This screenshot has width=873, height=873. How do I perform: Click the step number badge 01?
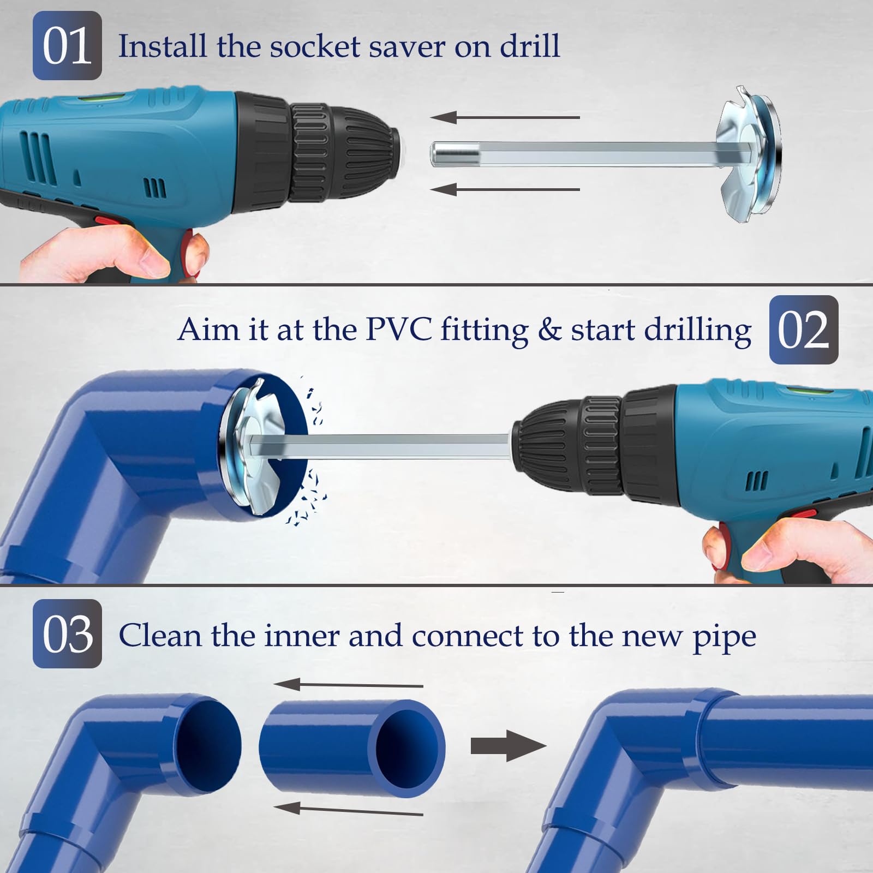(x=67, y=46)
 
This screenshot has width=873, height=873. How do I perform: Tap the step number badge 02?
(x=803, y=330)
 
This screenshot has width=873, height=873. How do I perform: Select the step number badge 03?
(x=67, y=633)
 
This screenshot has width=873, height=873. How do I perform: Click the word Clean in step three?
(x=159, y=636)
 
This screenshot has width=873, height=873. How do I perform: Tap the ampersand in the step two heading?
(x=549, y=330)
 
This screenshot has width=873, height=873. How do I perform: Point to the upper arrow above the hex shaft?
(x=505, y=117)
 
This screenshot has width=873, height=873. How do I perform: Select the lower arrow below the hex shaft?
(x=505, y=189)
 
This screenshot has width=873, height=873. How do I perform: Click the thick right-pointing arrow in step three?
(x=507, y=745)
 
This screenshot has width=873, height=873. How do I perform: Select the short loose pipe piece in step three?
(x=352, y=748)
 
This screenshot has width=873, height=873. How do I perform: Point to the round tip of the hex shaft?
(x=440, y=154)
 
